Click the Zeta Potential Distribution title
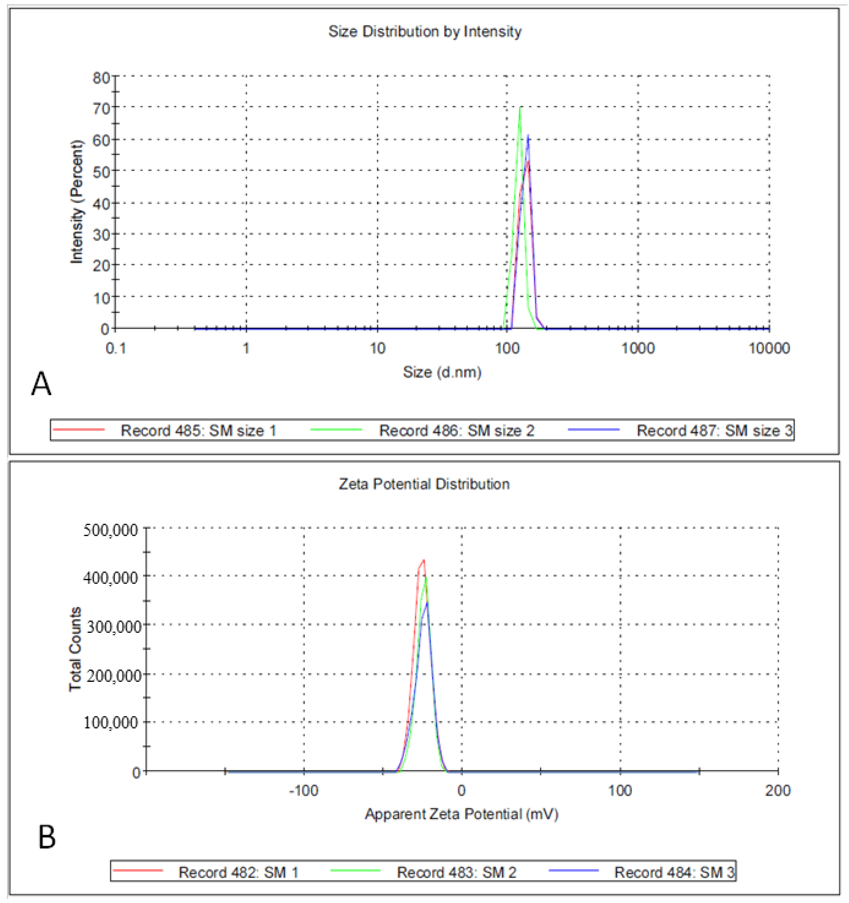click(424, 484)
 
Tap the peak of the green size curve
click(520, 108)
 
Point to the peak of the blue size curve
click(528, 135)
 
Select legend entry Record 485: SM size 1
click(198, 430)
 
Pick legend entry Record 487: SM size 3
click(714, 430)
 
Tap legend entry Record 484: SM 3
click(674, 872)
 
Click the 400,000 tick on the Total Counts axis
click(110, 578)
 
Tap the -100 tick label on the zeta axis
click(304, 791)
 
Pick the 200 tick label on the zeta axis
click(778, 791)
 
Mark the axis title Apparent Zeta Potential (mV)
click(462, 814)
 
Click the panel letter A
click(41, 384)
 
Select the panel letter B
click(47, 837)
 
